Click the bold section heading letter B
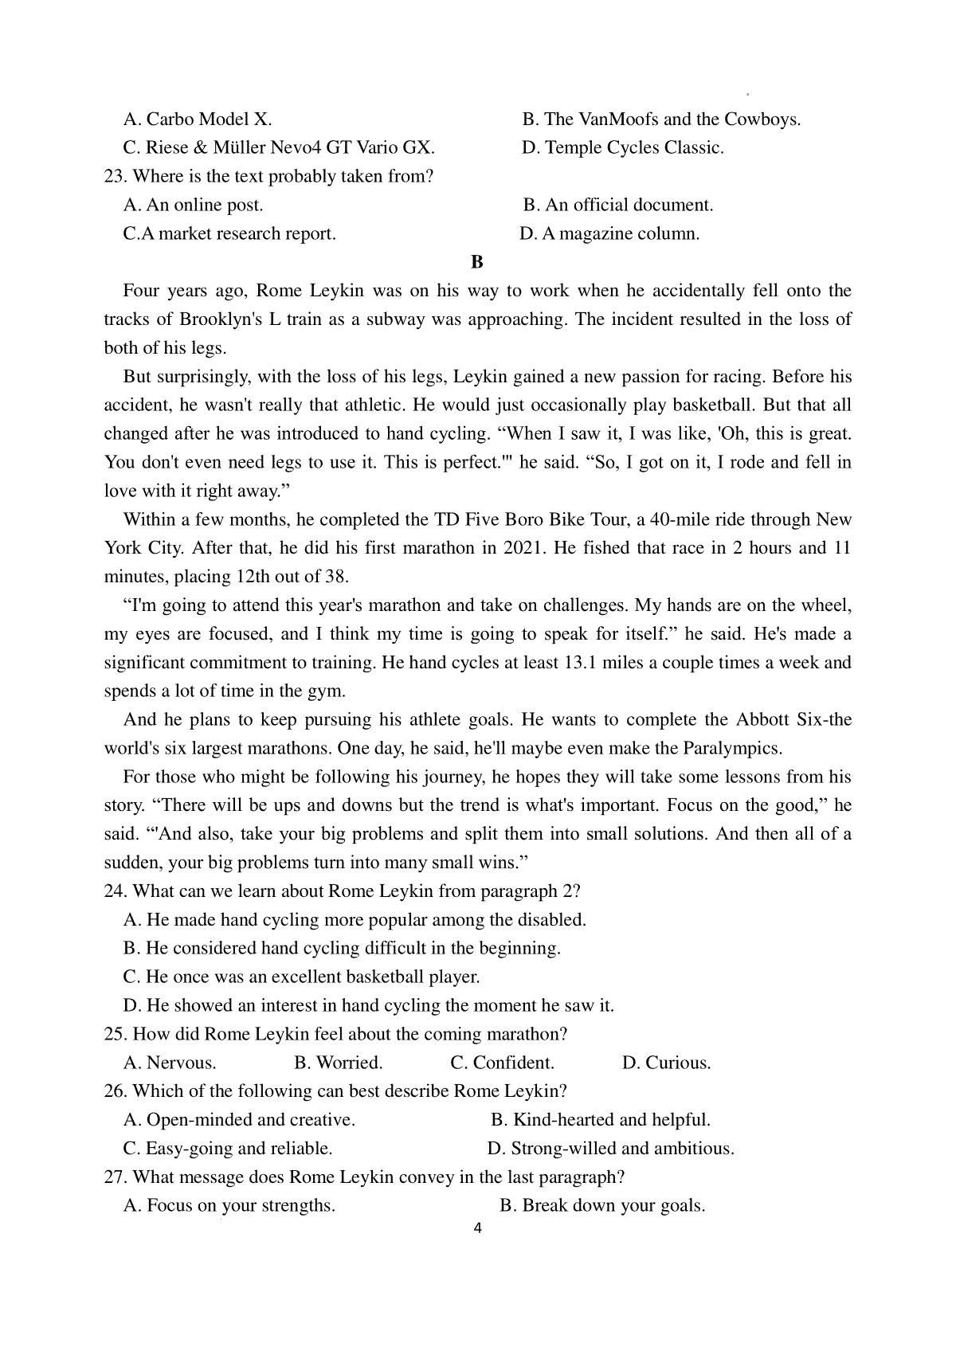[x=477, y=262]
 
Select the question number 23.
[x=116, y=176]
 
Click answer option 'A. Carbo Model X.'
[x=198, y=119]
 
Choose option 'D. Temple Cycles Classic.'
[x=622, y=147]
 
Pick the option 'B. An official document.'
[x=618, y=205]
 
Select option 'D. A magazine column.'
[x=609, y=233]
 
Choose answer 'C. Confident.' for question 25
[x=502, y=1063]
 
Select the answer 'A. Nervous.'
[x=170, y=1063]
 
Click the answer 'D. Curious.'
[x=666, y=1063]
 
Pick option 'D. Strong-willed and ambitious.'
[x=610, y=1149]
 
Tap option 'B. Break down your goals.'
[x=602, y=1206]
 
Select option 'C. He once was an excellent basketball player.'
[x=301, y=977]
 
